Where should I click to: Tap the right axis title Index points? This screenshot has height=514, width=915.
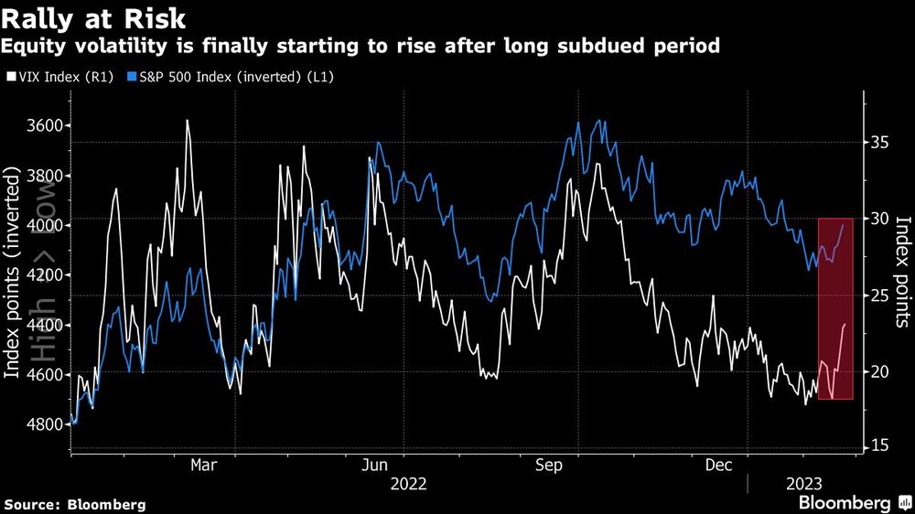coord(902,272)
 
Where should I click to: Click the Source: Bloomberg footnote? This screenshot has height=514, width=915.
coord(74,504)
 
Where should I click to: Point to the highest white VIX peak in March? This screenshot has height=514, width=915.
coord(188,120)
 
